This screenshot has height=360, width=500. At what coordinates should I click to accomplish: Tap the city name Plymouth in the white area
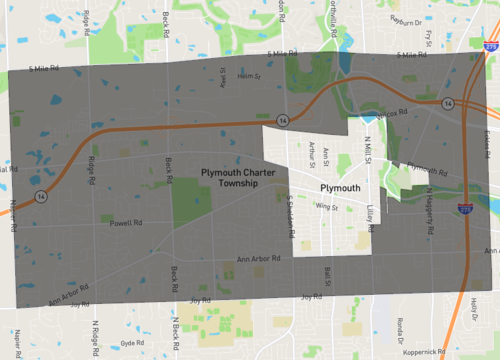tap(339, 188)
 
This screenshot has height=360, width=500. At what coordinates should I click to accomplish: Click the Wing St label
tap(321, 207)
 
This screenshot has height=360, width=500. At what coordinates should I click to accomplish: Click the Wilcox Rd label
tap(395, 112)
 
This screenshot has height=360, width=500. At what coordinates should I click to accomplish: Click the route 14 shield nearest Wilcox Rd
tap(451, 103)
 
